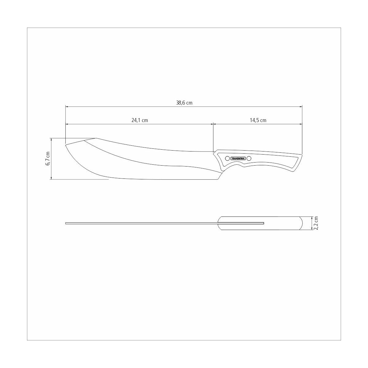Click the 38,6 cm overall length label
tap(184, 103)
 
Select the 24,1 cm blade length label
tap(140, 120)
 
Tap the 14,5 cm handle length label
tap(258, 120)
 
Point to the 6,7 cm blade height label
tap(48, 159)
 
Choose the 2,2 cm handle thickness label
tap(316, 223)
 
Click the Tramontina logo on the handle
tap(238, 158)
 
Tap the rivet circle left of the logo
tap(227, 158)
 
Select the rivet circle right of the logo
tap(249, 158)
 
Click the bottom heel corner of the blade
tap(217, 179)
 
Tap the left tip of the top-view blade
tap(66, 223)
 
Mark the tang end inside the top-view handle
tap(264, 223)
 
